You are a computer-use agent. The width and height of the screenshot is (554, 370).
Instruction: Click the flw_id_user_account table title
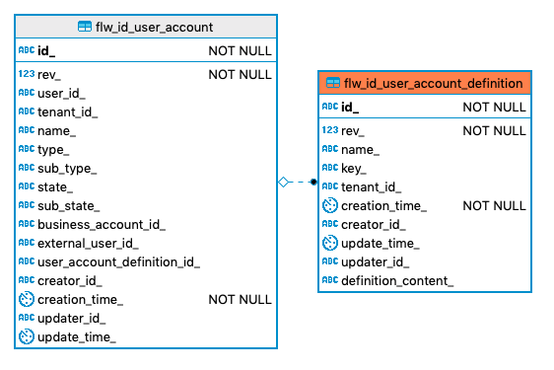[x=154, y=27]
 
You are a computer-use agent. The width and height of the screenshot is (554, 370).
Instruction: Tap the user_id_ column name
[x=61, y=93]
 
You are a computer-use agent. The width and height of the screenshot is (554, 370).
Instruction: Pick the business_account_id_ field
[x=102, y=224]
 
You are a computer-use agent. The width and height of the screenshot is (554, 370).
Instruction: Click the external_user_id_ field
[x=88, y=243]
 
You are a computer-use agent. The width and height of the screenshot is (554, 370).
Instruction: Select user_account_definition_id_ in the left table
[x=118, y=261]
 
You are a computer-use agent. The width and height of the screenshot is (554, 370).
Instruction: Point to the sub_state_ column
[x=69, y=205]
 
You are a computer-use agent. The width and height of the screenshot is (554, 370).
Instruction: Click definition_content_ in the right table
[x=397, y=281]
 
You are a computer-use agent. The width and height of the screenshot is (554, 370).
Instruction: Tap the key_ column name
[x=354, y=168]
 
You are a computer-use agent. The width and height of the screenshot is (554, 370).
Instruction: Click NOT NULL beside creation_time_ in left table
[x=240, y=300]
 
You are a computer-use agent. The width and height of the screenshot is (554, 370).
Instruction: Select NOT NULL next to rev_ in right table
[x=494, y=130]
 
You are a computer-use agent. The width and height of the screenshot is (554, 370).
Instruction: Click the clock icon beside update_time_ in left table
[x=27, y=337]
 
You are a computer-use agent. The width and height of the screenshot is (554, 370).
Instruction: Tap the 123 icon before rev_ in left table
[x=27, y=74]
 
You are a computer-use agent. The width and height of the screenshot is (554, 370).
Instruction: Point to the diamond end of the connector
[x=284, y=182]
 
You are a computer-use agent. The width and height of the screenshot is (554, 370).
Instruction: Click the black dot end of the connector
[x=312, y=182]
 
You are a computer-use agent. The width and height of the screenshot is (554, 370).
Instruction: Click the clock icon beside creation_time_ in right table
[x=330, y=206]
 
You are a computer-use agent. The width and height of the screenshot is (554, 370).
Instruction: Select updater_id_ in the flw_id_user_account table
[x=71, y=319]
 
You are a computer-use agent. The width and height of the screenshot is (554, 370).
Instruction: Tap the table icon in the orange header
[x=333, y=83]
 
